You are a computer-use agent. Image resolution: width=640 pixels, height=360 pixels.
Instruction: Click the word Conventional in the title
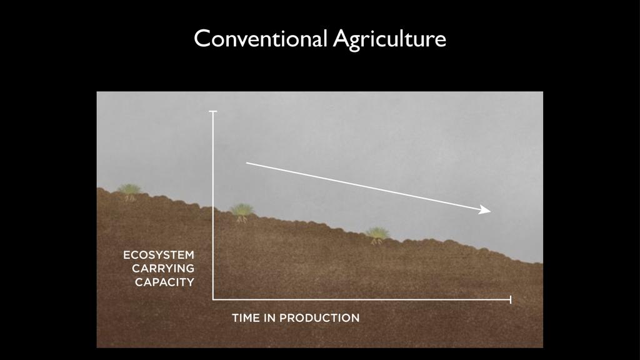(x=261, y=39)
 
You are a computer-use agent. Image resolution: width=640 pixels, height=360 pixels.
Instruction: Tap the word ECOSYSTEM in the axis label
(x=159, y=255)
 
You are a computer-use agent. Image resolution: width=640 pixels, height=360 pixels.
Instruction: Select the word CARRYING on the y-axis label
(x=163, y=269)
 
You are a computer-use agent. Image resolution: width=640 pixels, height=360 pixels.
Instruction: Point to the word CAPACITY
(x=164, y=282)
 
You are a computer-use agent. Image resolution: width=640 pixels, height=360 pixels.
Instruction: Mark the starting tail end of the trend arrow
(x=246, y=163)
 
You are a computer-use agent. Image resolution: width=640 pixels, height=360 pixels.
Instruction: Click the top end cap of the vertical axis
(x=212, y=111)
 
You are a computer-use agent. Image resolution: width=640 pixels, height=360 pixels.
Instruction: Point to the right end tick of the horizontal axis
(x=510, y=299)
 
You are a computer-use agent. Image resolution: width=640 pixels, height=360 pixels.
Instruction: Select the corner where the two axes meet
(x=213, y=299)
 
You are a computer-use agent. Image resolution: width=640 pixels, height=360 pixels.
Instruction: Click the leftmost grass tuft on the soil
(x=129, y=189)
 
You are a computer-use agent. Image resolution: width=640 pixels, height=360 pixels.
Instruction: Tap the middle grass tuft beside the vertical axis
(x=242, y=209)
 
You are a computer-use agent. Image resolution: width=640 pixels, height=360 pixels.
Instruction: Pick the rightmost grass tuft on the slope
(x=377, y=233)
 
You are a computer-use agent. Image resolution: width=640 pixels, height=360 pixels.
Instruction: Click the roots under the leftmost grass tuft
(x=130, y=198)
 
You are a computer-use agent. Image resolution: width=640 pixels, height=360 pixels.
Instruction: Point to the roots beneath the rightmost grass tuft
(x=377, y=242)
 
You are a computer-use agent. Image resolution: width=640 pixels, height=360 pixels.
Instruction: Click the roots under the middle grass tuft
(x=242, y=219)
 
